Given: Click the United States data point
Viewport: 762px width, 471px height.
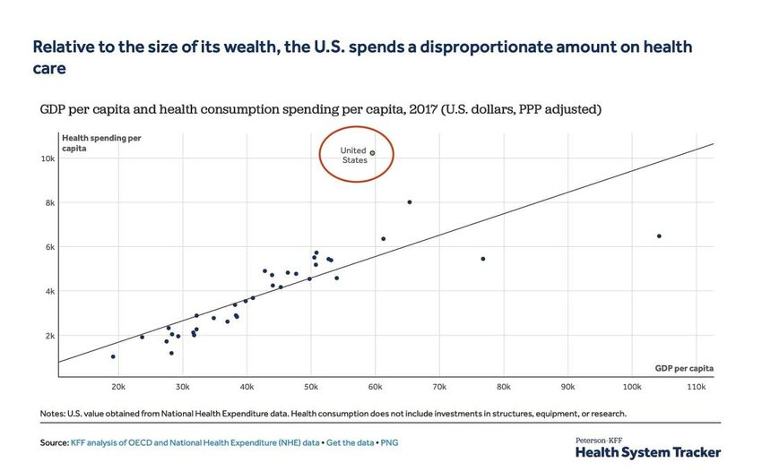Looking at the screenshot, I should coord(372,153).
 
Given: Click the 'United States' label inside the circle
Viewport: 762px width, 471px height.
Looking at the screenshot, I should coord(353,155).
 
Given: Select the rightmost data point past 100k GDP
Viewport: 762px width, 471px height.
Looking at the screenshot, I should coord(659,236).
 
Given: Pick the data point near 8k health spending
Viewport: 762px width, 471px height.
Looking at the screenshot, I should coord(410,202).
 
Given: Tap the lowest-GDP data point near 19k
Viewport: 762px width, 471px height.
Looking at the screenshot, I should coord(113,356).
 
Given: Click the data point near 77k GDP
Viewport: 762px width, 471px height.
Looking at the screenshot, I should coord(483,259).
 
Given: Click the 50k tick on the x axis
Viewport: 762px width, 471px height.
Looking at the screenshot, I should coord(310,387).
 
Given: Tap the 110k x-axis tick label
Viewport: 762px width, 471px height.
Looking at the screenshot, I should coord(696,387).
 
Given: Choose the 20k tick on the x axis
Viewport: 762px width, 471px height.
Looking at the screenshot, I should coord(118,387).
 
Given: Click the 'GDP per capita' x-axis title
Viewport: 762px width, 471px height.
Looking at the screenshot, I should coord(685,368).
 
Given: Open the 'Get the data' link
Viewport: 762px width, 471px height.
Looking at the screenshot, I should coord(351,443).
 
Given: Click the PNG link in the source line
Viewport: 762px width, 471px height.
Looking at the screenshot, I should coord(389,443).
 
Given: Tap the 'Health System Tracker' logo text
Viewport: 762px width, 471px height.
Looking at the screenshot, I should coord(647,453).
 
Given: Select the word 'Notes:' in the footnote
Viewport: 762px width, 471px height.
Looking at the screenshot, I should coord(53,414).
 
